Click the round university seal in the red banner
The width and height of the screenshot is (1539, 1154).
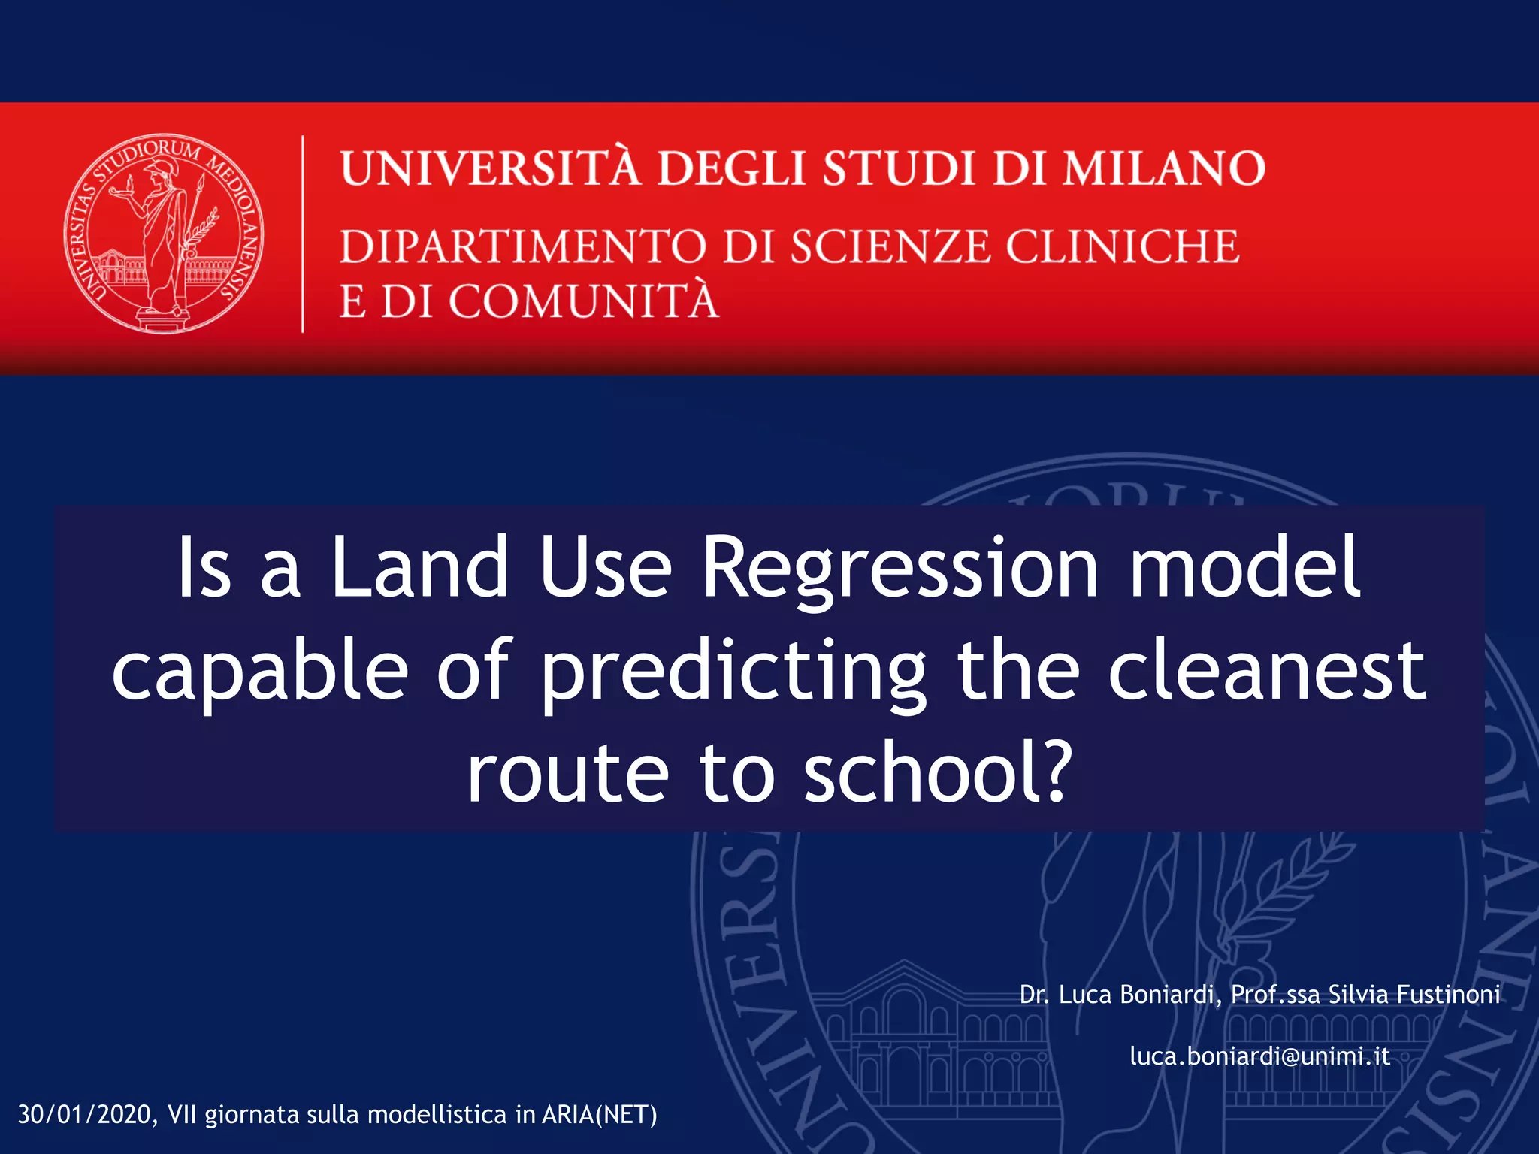tap(164, 234)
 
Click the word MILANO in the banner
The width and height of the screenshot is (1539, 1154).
tap(1164, 168)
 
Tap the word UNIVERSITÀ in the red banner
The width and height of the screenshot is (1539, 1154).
tap(491, 168)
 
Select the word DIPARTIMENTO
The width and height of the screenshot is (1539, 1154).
tap(523, 246)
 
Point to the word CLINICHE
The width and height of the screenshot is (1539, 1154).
tap(1122, 246)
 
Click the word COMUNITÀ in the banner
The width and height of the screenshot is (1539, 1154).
tap(583, 301)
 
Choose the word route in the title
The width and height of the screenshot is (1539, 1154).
tap(567, 774)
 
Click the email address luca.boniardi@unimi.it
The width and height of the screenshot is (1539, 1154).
tap(1259, 1056)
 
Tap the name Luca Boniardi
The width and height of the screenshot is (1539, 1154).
tap(1138, 995)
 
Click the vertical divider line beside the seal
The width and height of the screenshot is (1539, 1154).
tap(303, 234)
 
